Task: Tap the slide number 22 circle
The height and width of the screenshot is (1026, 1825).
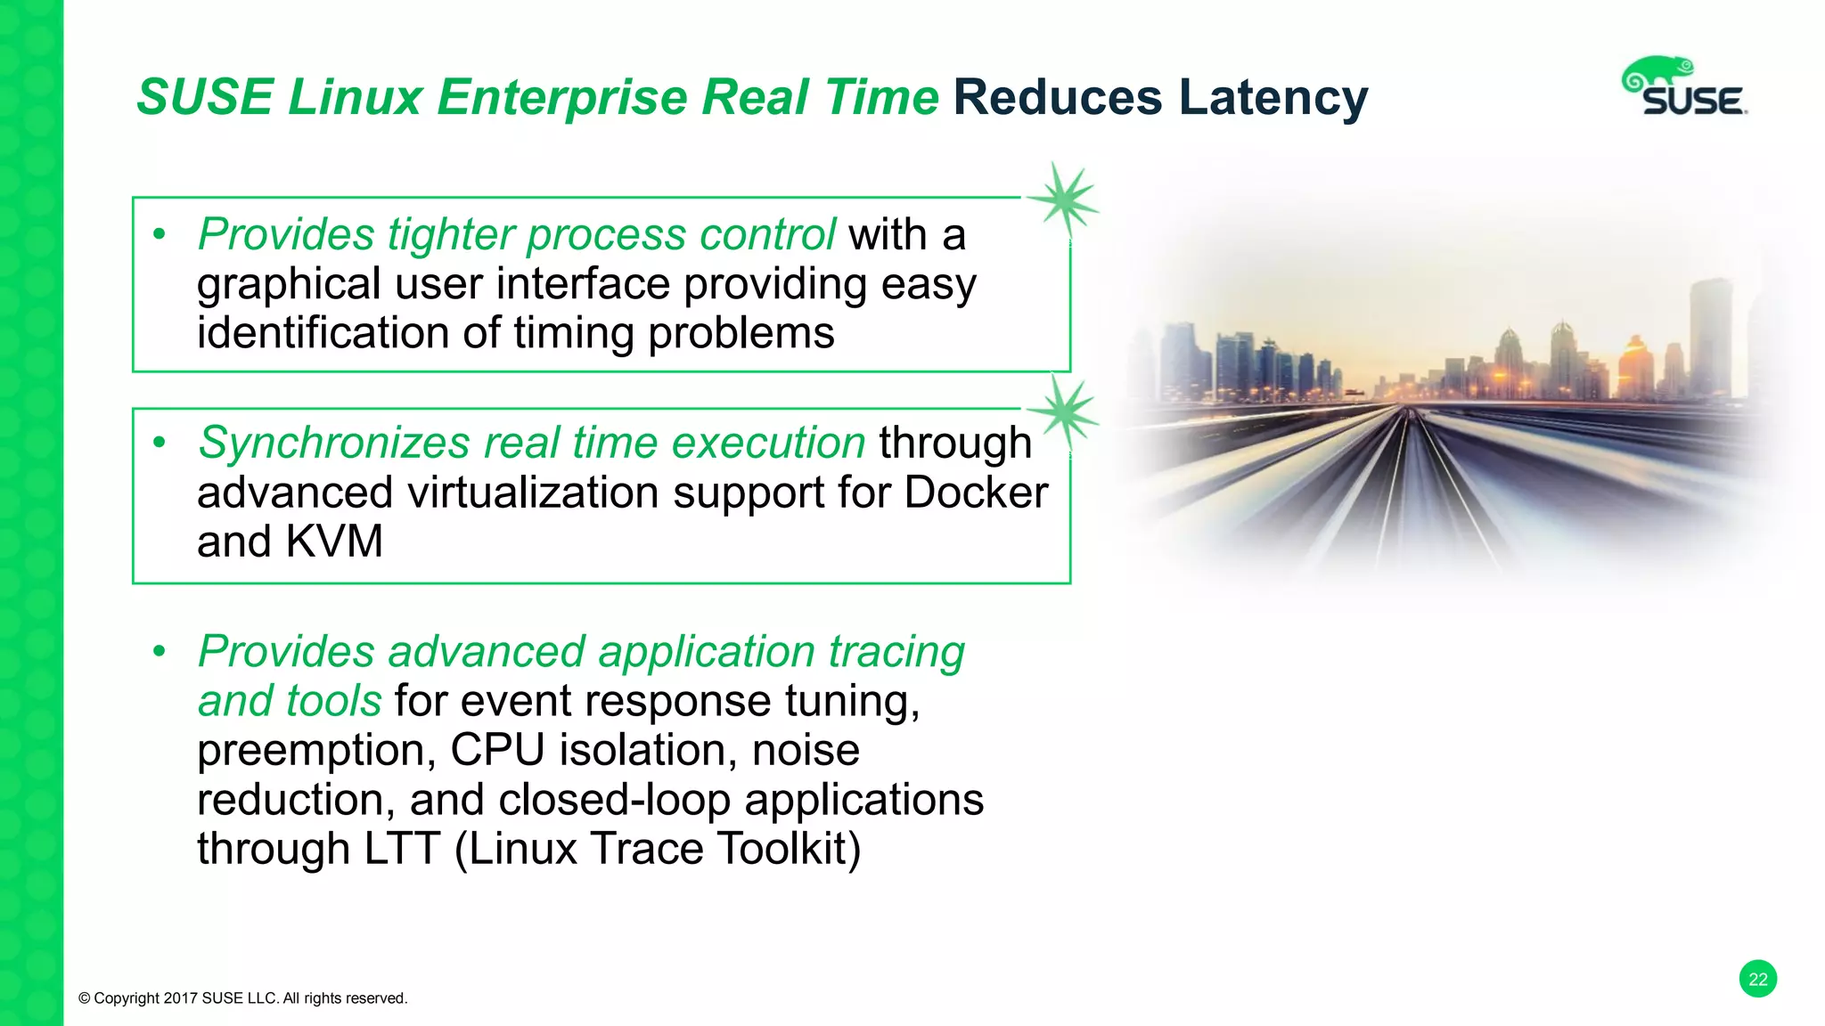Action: coord(1757,980)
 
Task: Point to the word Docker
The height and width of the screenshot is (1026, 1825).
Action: coord(976,493)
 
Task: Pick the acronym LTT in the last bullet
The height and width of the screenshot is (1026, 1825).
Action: coord(402,849)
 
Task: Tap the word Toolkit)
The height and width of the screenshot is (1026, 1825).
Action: coord(789,849)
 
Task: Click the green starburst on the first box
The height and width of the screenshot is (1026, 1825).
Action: coord(1063,199)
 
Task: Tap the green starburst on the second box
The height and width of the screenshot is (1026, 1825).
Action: coord(1063,411)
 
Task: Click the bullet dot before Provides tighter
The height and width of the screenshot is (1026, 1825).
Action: coord(160,235)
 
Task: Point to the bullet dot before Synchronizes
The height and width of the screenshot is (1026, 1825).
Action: coord(160,443)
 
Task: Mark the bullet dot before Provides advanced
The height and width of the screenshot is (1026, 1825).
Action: coord(160,652)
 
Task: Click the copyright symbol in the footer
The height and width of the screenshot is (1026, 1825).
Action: coord(85,998)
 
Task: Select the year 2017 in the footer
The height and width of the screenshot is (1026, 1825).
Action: coord(181,998)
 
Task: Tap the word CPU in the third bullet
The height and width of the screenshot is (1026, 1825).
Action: coord(496,750)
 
